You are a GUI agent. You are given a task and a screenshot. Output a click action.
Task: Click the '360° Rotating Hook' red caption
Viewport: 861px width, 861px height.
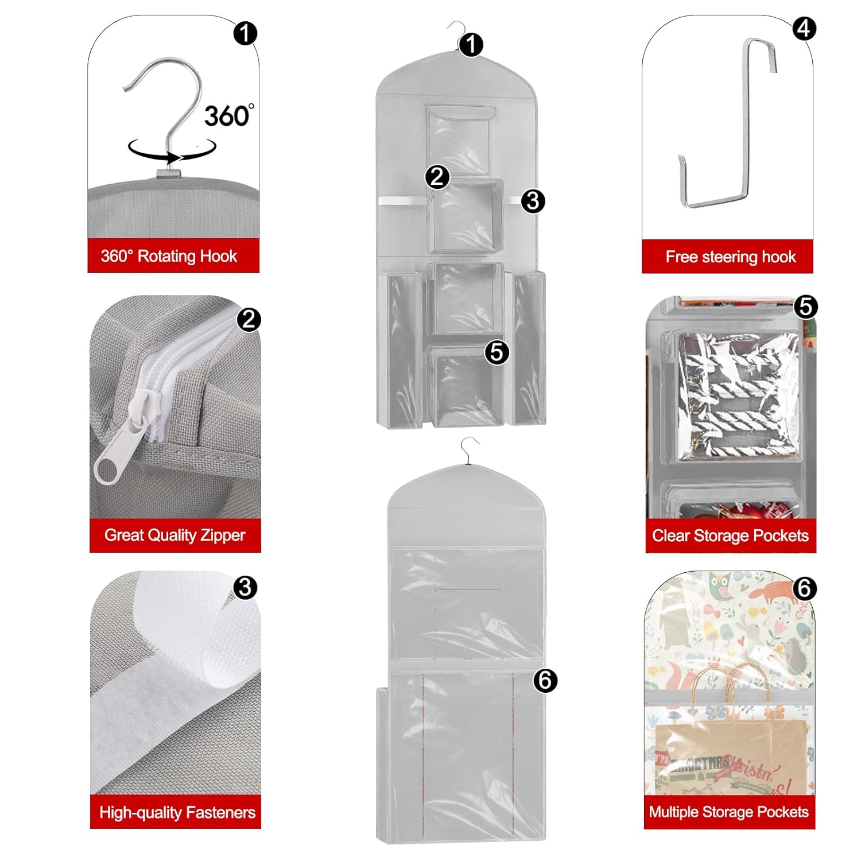[x=169, y=256]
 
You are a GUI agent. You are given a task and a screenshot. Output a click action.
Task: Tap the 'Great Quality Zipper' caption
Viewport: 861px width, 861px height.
[x=174, y=535]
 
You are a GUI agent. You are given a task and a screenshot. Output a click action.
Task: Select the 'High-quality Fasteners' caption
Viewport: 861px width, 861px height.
[x=177, y=812]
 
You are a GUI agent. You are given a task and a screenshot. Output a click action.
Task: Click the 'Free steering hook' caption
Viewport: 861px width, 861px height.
[x=731, y=257]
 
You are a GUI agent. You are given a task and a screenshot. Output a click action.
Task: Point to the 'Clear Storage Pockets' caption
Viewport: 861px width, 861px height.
[x=730, y=536]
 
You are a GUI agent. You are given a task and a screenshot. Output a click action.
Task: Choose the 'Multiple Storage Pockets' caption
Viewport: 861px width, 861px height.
[x=729, y=812]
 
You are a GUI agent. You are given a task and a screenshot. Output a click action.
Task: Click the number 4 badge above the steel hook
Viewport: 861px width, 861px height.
[x=804, y=28]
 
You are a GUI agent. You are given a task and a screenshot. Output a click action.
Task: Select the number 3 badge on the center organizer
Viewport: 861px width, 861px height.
[x=533, y=201]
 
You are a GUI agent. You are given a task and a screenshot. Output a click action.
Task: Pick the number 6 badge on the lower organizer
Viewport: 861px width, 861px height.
[x=545, y=680]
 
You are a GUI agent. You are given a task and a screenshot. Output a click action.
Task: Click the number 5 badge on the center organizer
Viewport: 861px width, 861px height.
[x=497, y=351]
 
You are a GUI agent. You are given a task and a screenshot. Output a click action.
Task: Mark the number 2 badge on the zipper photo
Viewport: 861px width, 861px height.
[x=249, y=320]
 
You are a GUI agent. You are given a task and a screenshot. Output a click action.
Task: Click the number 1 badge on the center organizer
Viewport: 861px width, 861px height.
[x=471, y=44]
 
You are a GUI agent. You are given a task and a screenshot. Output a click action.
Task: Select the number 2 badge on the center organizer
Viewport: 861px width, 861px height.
[x=437, y=176]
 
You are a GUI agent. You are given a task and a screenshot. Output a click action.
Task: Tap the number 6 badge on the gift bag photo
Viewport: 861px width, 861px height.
[x=804, y=588]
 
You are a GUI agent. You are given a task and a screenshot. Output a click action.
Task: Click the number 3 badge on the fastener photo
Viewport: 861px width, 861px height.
[x=246, y=587]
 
